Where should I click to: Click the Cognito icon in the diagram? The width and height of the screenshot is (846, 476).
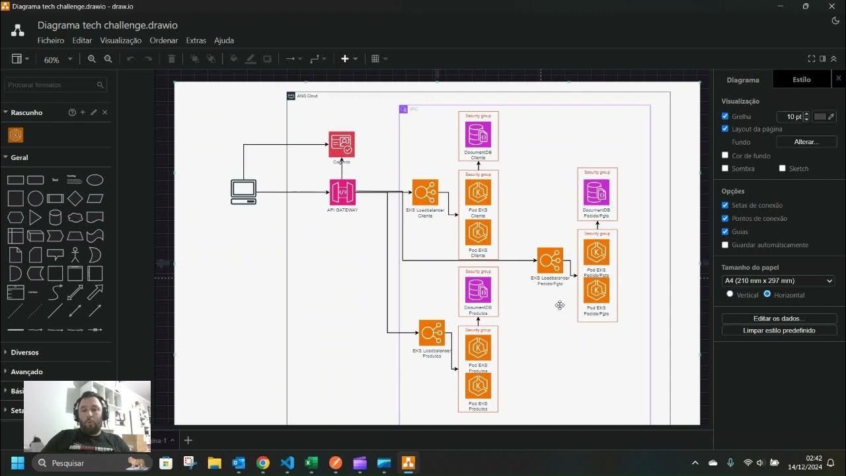pyautogui.click(x=342, y=144)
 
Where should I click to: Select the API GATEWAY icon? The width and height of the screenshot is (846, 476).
pyautogui.click(x=342, y=192)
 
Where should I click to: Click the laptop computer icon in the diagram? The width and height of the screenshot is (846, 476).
pyautogui.click(x=243, y=192)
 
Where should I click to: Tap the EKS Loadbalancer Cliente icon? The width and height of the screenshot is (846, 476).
pyautogui.click(x=425, y=192)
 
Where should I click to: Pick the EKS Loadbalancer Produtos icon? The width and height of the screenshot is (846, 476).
pyautogui.click(x=432, y=333)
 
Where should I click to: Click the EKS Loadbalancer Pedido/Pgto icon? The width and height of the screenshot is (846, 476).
pyautogui.click(x=550, y=260)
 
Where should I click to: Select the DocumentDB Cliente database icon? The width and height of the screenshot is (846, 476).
pyautogui.click(x=478, y=135)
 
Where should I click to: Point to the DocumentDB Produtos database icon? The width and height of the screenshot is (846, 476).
pyautogui.click(x=478, y=290)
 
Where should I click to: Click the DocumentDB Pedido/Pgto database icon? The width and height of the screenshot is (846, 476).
pyautogui.click(x=596, y=192)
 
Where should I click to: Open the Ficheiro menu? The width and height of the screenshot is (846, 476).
pyautogui.click(x=51, y=40)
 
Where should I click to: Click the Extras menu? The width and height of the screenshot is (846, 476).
pyautogui.click(x=196, y=40)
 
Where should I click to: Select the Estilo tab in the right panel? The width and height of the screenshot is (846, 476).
pyautogui.click(x=801, y=79)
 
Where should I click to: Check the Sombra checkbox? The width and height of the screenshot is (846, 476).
pyautogui.click(x=726, y=169)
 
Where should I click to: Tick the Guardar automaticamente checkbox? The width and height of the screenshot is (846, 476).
pyautogui.click(x=726, y=245)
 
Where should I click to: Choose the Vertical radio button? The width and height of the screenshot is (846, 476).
pyautogui.click(x=730, y=294)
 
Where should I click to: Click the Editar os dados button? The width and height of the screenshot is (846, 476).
pyautogui.click(x=779, y=319)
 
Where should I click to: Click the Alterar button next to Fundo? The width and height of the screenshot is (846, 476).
pyautogui.click(x=806, y=142)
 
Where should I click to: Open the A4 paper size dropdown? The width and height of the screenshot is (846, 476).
pyautogui.click(x=778, y=281)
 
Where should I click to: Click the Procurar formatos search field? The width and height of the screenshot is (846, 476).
pyautogui.click(x=51, y=85)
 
